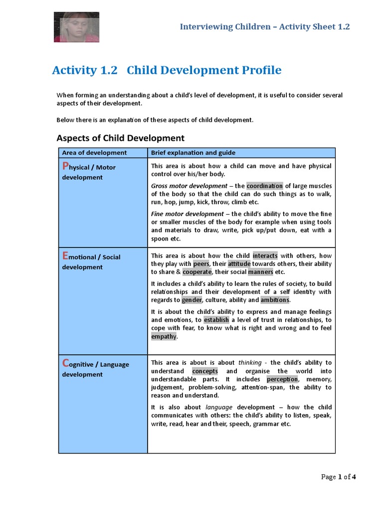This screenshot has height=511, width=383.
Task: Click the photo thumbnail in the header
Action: (x=76, y=26)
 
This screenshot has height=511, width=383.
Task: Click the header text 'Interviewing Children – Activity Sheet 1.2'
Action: (x=265, y=26)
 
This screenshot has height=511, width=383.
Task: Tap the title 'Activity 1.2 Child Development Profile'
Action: (x=167, y=70)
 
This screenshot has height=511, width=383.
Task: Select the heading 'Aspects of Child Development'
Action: (x=120, y=138)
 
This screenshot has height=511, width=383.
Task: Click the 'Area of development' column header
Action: (x=94, y=153)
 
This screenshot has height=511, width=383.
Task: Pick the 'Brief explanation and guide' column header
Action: (x=193, y=153)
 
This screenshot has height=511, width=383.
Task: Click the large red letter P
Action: (x=64, y=166)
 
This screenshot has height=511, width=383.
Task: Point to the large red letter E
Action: (x=64, y=255)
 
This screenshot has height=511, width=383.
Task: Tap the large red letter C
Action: (x=65, y=363)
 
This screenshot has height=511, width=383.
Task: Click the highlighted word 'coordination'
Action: (x=264, y=186)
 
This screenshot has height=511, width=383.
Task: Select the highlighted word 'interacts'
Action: (x=265, y=255)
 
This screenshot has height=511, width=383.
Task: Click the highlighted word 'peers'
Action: (x=201, y=263)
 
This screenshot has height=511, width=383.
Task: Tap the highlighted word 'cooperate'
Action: (x=197, y=272)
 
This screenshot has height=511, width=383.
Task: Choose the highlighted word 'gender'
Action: (x=191, y=300)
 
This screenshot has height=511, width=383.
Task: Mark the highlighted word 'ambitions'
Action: (x=274, y=300)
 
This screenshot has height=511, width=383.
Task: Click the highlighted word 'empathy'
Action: (x=164, y=336)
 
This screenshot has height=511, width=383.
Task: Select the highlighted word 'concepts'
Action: (x=205, y=371)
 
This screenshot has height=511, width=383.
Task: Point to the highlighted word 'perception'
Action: (x=282, y=379)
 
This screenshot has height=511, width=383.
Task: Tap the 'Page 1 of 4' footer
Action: (x=338, y=477)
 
